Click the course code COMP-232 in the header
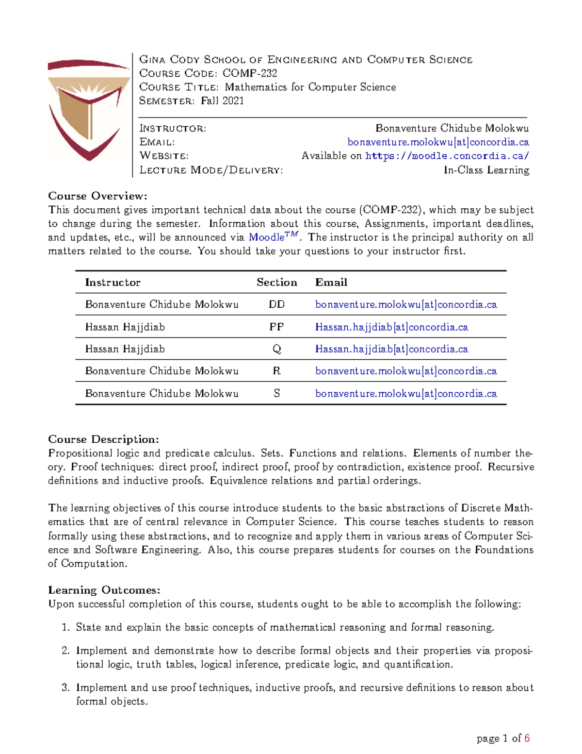tap(250, 73)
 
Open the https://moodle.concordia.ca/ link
tap(447, 156)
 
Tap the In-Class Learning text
tap(486, 170)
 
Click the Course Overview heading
tap(97, 196)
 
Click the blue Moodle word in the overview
tap(266, 237)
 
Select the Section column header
tap(276, 283)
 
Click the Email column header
tap(331, 283)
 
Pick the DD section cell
tap(276, 304)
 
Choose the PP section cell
tap(276, 327)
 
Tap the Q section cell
tap(276, 349)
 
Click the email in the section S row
tap(405, 393)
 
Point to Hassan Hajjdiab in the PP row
tap(125, 327)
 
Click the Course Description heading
tap(103, 439)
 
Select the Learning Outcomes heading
tap(104, 590)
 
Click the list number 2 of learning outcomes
tap(65, 651)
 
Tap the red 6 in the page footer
tap(527, 738)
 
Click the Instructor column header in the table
tap(113, 283)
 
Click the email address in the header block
tap(437, 142)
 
